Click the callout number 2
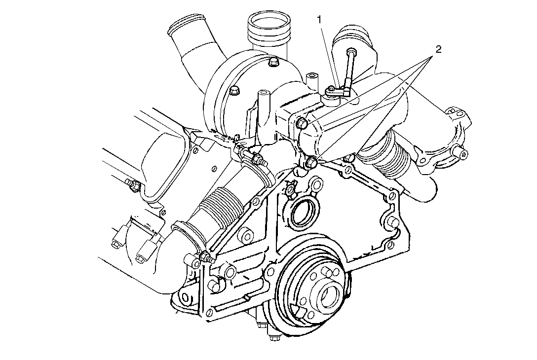[437, 49]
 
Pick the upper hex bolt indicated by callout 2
[302, 123]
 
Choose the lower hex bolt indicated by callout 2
[311, 162]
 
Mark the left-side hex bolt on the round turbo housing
[233, 90]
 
